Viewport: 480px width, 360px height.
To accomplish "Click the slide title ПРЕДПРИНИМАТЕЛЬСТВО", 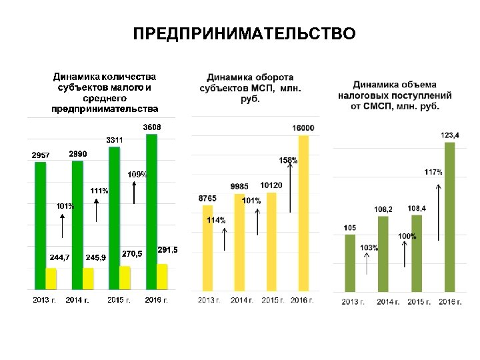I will (244, 34).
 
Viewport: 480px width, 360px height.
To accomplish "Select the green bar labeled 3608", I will (151, 200).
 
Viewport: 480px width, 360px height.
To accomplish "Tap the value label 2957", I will (41, 155).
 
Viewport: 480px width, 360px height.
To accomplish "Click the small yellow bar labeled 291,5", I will (162, 277).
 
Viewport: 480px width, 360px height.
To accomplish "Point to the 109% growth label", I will (137, 174).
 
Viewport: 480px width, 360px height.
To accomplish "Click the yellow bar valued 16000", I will (303, 213).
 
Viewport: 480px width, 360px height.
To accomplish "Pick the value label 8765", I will (207, 199).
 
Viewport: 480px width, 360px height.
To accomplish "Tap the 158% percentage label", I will (288, 161).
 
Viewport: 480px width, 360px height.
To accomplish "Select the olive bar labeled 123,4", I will (449, 217).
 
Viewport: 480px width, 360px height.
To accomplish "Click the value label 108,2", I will (383, 209).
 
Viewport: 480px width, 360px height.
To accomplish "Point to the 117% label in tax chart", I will (433, 172).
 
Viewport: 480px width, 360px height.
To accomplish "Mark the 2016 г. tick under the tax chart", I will (451, 302).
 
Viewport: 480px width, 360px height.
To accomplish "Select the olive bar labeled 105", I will (350, 263).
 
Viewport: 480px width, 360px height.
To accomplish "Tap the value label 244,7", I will (59, 257).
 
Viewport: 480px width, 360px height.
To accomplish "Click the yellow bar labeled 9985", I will (239, 243).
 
